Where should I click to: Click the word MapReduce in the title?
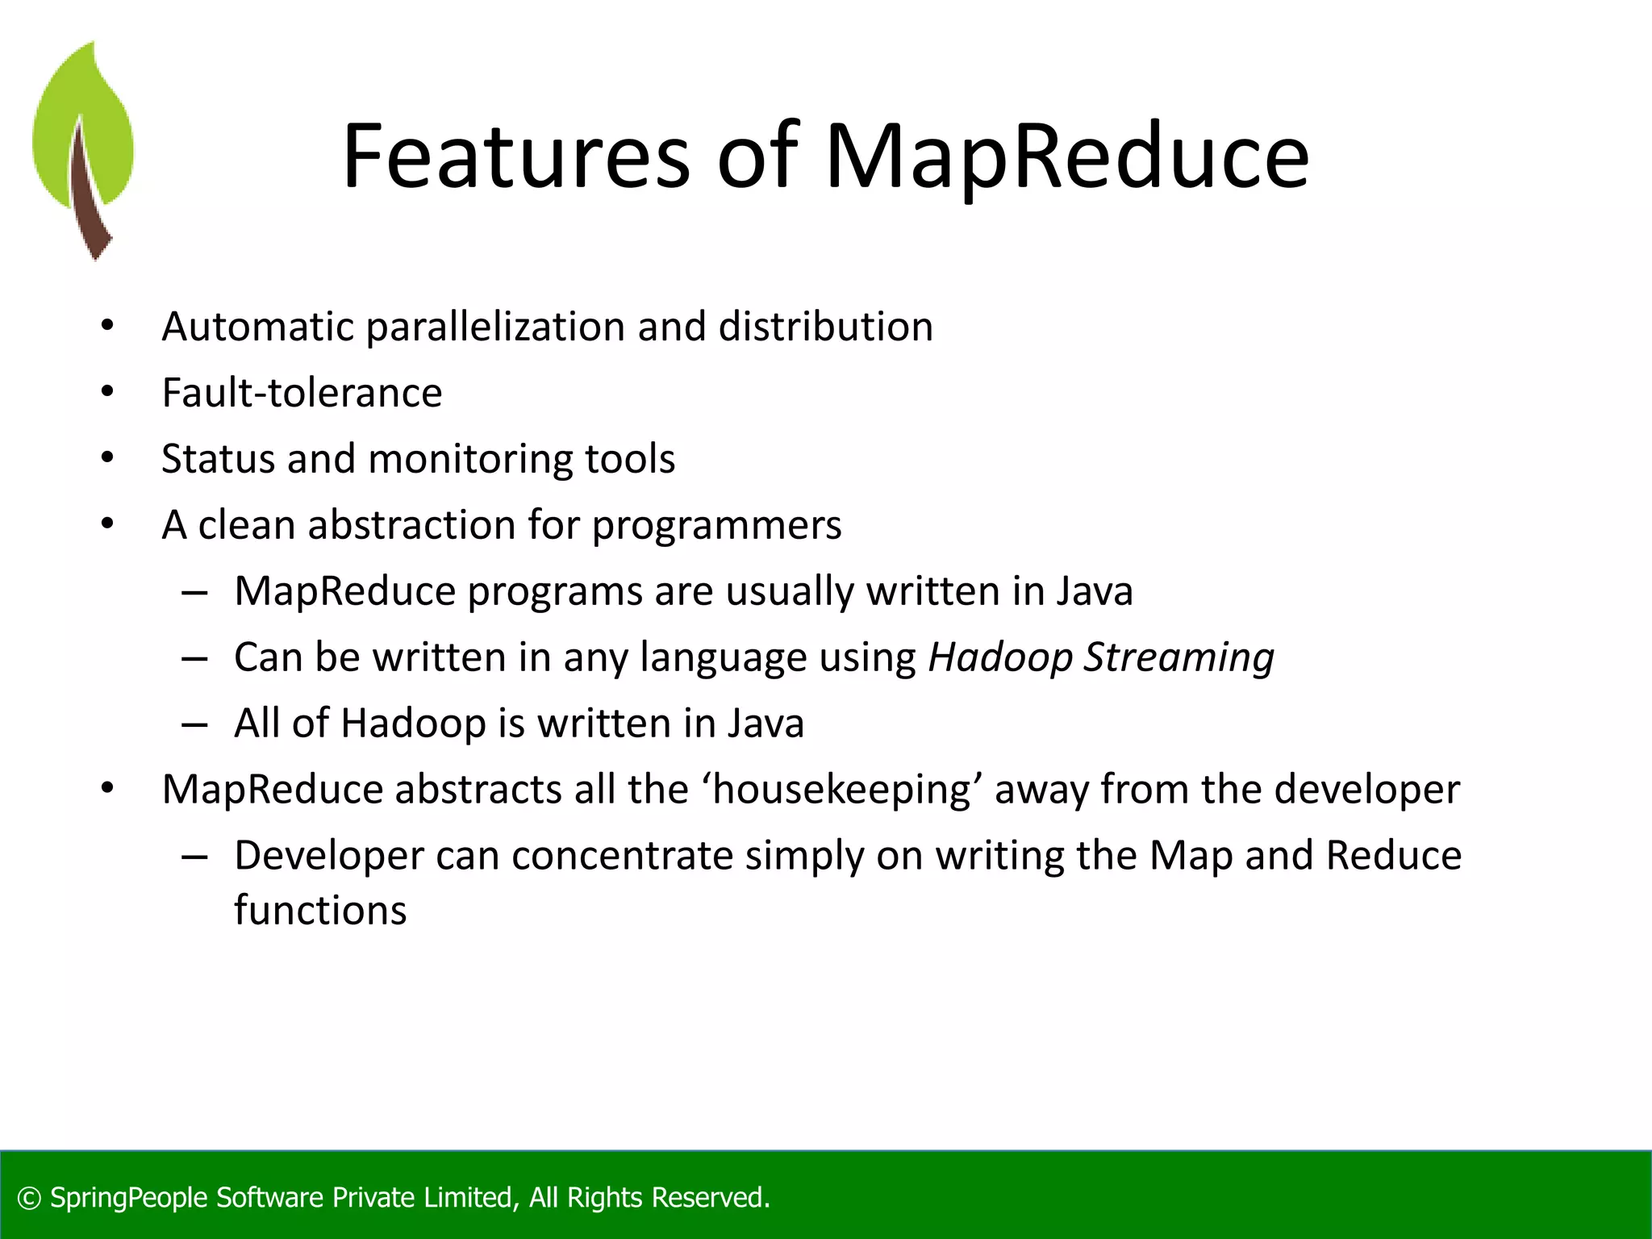pos(1066,157)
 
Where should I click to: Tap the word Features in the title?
pos(516,157)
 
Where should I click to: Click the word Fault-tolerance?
pos(302,394)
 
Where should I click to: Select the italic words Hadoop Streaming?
pos(1101,657)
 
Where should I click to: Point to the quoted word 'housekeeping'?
pos(842,790)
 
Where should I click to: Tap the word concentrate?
pos(623,856)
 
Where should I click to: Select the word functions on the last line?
pos(320,911)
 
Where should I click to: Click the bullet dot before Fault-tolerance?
pos(107,392)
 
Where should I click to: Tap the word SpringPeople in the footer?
pos(129,1198)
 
